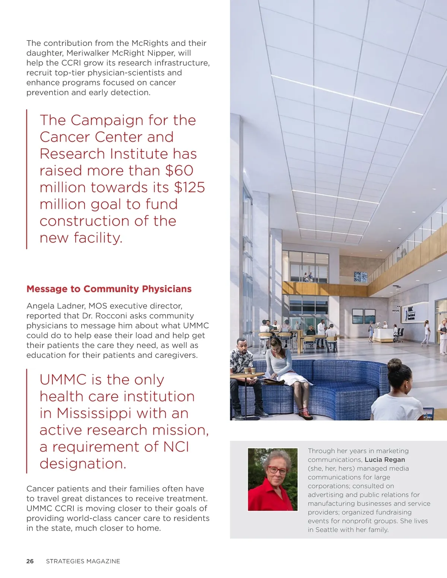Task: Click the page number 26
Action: (30, 561)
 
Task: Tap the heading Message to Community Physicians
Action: (109, 289)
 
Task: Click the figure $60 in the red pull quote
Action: (180, 171)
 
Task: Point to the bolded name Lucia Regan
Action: (385, 460)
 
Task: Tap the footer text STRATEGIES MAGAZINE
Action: (83, 561)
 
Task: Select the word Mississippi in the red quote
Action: (94, 413)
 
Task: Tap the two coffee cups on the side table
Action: (250, 370)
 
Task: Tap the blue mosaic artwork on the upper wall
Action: (360, 277)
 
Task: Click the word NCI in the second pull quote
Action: (176, 447)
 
